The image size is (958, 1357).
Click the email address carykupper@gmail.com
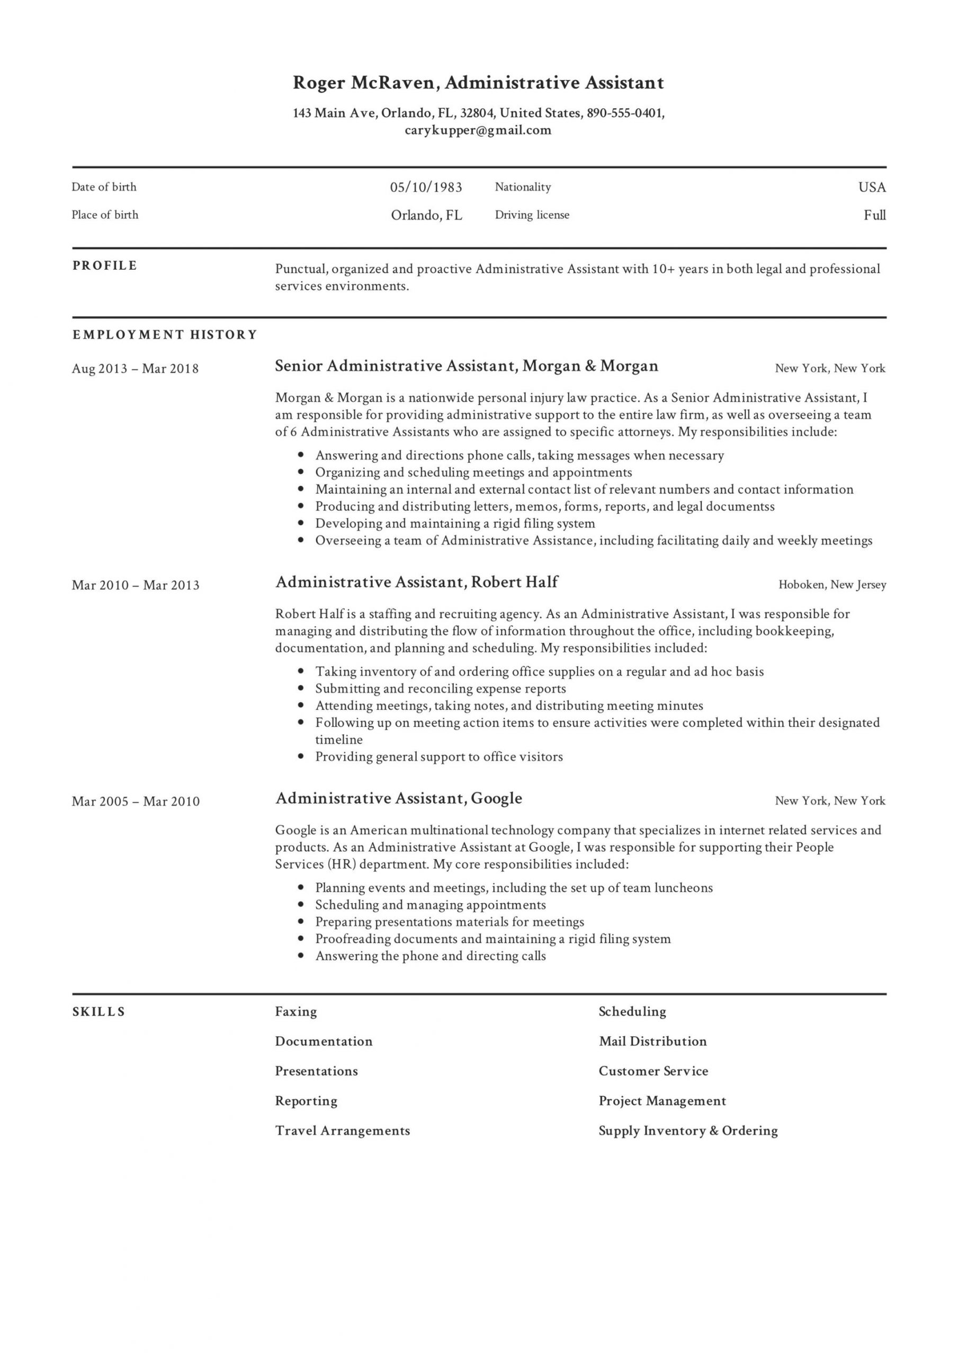478,130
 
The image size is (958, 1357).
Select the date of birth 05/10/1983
426,187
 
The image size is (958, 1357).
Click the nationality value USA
872,187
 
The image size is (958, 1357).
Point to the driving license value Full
874,215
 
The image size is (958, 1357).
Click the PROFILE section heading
104,266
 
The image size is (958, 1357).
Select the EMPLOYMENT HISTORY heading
165,335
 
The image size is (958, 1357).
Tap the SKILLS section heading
99,1012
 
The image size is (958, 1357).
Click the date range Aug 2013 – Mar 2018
135,369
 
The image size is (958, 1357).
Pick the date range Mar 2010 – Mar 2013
136,585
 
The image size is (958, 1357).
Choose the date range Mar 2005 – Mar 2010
136,801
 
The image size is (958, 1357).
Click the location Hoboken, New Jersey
832,585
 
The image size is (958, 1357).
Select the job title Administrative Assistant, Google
399,798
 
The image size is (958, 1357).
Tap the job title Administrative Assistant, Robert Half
416,582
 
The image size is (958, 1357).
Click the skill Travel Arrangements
342,1131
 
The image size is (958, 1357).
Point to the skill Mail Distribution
652,1042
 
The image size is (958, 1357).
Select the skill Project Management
662,1100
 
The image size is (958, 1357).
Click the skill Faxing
296,1011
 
